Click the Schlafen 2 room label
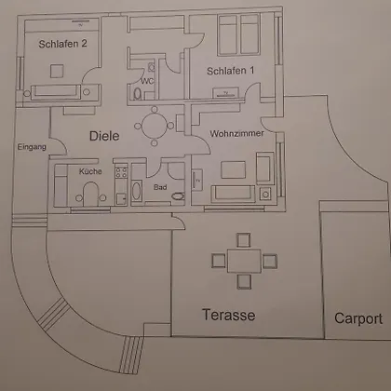coord(62,44)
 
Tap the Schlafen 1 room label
coord(231,71)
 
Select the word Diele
coord(104,136)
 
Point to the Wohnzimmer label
coord(236,133)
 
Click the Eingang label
coord(32,147)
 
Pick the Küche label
coord(90,171)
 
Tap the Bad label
coord(160,187)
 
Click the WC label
coord(147,81)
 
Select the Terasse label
coord(229,315)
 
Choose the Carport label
coord(358,319)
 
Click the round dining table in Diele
coord(155,126)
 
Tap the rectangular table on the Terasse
coord(244,261)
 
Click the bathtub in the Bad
coord(137,191)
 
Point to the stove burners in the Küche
coord(121,172)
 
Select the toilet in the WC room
coord(138,94)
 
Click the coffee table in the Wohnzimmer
coord(233,169)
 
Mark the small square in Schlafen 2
coord(57,71)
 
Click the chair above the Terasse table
coord(244,240)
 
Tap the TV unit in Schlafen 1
coord(225,93)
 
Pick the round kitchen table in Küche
coord(90,193)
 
